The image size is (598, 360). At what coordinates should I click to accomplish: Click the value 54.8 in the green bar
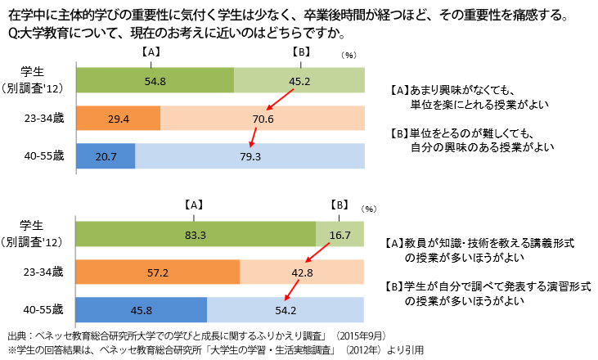click(x=155, y=82)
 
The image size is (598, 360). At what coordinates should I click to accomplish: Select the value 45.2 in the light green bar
click(x=299, y=82)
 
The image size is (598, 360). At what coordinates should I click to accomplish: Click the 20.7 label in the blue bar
click(x=105, y=156)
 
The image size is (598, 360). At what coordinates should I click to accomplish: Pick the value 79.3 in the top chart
click(x=250, y=156)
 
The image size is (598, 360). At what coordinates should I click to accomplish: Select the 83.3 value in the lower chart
click(x=195, y=236)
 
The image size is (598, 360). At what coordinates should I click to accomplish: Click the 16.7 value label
click(x=339, y=236)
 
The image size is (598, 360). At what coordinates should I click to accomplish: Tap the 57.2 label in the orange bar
click(x=157, y=273)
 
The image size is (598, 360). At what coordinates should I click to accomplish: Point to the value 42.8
click(x=302, y=273)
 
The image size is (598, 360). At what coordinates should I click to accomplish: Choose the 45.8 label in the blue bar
click(x=141, y=310)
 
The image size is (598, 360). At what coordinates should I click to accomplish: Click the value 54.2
click(x=286, y=310)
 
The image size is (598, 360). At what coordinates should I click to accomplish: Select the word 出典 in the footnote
click(x=17, y=335)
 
